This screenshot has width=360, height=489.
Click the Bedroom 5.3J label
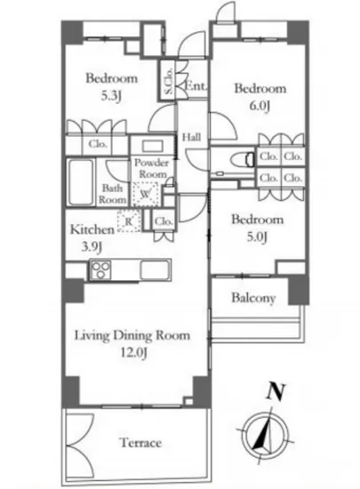[x=105, y=85]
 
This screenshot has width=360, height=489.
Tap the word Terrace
[x=140, y=442]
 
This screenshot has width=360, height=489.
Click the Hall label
[x=191, y=138]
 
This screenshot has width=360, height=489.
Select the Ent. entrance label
[x=196, y=86]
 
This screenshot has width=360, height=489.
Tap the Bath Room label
[x=113, y=194]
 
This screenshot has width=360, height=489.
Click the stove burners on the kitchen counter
[x=98, y=272]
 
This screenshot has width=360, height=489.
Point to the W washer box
[x=145, y=194]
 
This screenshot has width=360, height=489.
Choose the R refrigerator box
[x=130, y=220]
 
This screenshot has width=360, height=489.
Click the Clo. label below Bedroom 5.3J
[x=95, y=144]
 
